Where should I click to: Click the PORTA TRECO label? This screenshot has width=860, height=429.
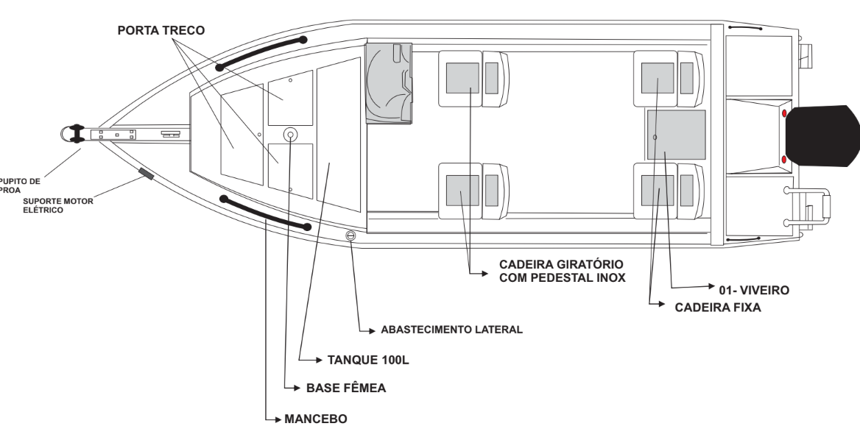pos(161,31)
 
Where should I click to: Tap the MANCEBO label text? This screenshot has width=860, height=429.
pos(315,419)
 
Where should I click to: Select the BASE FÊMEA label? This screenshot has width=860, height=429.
pos(346,388)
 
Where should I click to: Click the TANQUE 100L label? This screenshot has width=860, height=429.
pos(368,360)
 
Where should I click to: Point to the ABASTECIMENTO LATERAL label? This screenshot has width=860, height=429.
pos(451,330)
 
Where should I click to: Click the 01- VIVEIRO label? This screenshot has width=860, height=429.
pos(753,291)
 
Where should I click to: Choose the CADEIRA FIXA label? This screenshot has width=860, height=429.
pos(717,308)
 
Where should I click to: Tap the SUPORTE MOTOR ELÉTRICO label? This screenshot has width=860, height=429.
pos(58,205)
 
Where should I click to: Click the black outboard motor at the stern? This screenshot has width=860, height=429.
pos(822,136)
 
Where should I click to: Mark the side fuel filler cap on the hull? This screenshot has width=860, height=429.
pos(350,235)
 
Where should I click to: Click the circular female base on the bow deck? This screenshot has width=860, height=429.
pos(290,134)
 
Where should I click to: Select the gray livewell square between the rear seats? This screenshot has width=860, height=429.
pos(676,135)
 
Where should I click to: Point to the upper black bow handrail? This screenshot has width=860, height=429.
pos(261,52)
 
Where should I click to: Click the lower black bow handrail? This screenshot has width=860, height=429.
pos(265,214)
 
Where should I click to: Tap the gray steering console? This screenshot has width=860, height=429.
pos(388,83)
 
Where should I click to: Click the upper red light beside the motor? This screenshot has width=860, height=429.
pos(784,113)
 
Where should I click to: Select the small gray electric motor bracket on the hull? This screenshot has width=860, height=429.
pos(146,174)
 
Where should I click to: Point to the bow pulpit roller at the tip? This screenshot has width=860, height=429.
pos(74,134)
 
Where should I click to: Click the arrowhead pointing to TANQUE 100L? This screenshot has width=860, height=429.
pos(320,360)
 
